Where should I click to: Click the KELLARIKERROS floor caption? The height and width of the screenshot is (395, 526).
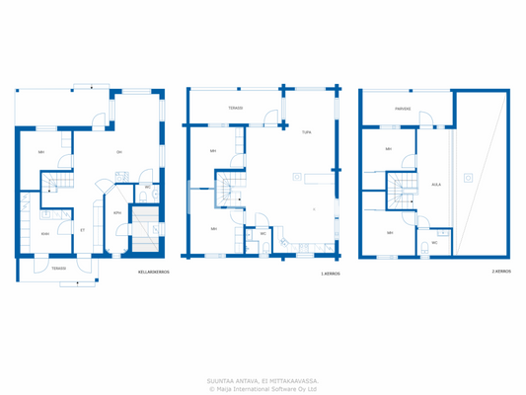pos(154,272)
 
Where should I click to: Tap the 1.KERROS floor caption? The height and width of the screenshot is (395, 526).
pos(331,274)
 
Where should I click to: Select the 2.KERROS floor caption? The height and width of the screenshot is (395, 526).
pos(500,271)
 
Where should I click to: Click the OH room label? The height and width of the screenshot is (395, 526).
pos(119,151)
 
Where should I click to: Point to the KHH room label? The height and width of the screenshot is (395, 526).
pos(45,234)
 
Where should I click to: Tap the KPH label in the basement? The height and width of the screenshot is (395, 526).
pos(116,212)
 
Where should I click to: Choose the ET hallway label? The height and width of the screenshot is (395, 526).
pos(82,230)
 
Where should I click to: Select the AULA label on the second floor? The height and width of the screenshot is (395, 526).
pos(435,184)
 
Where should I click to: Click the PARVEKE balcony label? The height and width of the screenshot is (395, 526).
pos(403,110)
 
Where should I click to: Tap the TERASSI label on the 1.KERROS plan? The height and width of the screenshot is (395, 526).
pos(236,108)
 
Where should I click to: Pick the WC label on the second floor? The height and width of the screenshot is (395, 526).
pos(434,242)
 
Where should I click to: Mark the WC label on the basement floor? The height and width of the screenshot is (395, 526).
pos(147,188)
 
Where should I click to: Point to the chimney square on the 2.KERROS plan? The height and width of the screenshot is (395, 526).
pos(468,178)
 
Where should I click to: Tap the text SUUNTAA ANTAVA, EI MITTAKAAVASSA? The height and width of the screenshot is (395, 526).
pos(263,379)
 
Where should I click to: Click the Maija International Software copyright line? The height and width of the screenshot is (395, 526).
pos(263,388)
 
